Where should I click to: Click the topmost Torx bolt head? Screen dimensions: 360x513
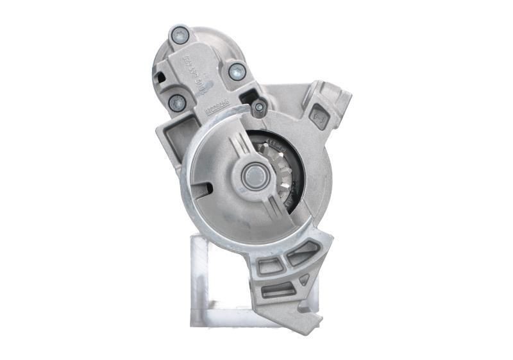[180, 35]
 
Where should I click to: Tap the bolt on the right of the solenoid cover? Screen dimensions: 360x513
[237, 71]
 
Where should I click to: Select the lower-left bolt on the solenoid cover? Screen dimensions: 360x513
[177, 102]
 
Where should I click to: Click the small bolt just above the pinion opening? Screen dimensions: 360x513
[259, 107]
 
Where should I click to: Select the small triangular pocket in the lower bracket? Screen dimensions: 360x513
[304, 279]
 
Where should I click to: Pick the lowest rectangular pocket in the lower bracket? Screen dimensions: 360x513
[278, 290]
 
